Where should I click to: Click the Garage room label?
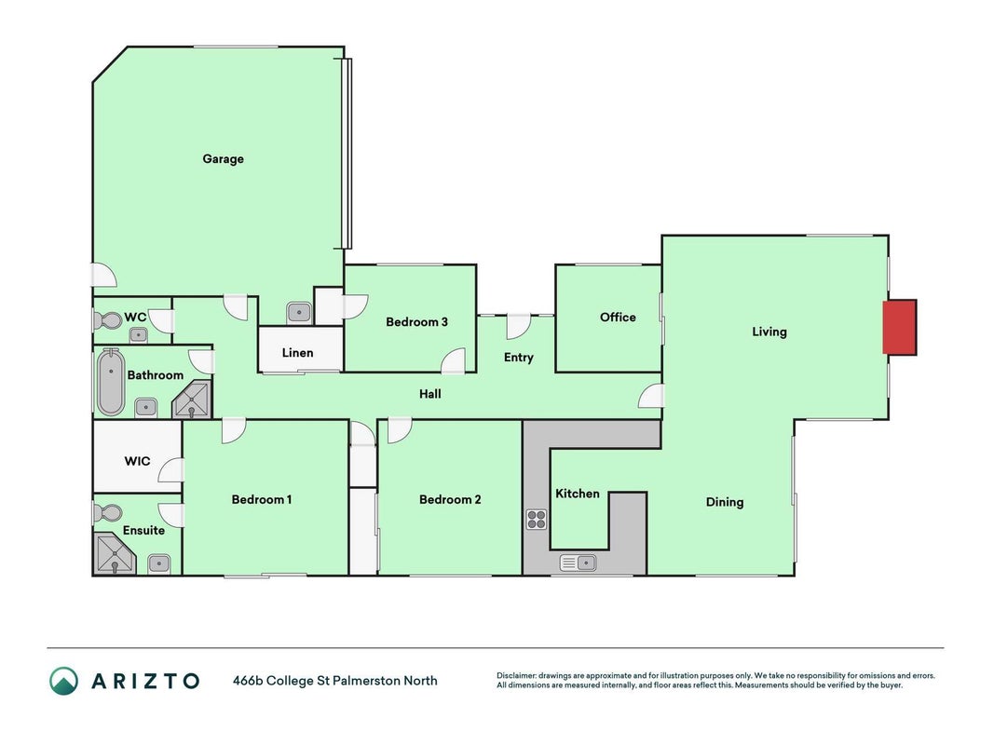coord(223,159)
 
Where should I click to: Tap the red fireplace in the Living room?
coord(900,328)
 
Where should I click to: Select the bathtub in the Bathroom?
coord(111,382)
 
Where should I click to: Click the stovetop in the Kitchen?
coord(537,520)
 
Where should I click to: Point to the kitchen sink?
coord(579,562)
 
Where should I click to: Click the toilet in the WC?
coord(107,320)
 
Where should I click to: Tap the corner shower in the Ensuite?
coord(114,554)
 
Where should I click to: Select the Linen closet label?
coord(297,353)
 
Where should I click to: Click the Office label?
coord(618,318)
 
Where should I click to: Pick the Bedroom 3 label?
coord(416,322)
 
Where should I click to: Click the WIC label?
coord(137,461)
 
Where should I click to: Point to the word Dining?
coord(725,502)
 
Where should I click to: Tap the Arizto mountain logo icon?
coord(64,681)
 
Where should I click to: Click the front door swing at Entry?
coord(518,326)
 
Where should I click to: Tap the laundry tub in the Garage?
coord(299,312)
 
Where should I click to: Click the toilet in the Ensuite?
coord(108,512)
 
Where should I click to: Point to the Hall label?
coord(429,394)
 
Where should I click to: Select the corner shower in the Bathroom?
coord(192,400)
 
